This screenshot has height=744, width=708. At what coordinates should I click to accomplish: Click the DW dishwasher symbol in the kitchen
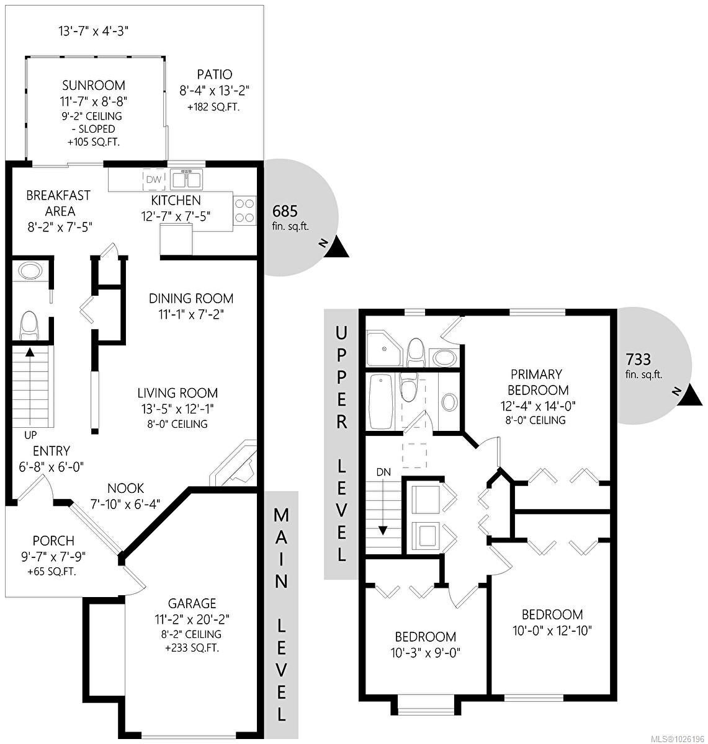[x=154, y=179]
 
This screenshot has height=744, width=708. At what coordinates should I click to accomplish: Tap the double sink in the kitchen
[x=186, y=179]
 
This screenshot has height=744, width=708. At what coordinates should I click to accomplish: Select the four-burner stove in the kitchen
[x=244, y=211]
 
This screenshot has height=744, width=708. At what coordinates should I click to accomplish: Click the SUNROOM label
[x=94, y=86]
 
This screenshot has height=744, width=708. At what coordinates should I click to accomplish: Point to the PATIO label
[x=215, y=74]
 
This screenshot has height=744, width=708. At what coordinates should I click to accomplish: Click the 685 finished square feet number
[x=285, y=211]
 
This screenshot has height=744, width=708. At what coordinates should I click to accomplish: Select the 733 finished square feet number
[x=639, y=359]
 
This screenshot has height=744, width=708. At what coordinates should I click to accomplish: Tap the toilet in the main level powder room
[x=30, y=325]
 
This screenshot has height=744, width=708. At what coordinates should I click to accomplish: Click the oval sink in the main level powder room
[x=30, y=272]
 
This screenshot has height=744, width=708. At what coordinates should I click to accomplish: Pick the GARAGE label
[x=192, y=603]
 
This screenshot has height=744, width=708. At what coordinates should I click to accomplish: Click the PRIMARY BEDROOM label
[x=537, y=382]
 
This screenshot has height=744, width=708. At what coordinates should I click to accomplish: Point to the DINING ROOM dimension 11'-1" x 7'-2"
[x=191, y=314]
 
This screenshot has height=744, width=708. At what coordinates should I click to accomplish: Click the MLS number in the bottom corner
[x=678, y=738]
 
